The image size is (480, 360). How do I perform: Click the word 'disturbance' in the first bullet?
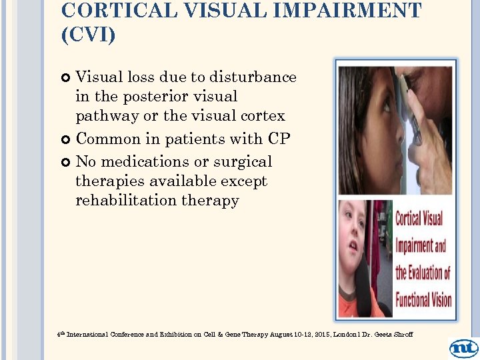pyautogui.click(x=255, y=77)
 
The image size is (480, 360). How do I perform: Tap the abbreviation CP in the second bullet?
pyautogui.click(x=278, y=139)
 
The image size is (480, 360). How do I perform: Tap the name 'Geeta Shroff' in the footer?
pyautogui.click(x=396, y=333)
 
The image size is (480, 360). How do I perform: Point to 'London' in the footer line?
pyautogui.click(x=346, y=333)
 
